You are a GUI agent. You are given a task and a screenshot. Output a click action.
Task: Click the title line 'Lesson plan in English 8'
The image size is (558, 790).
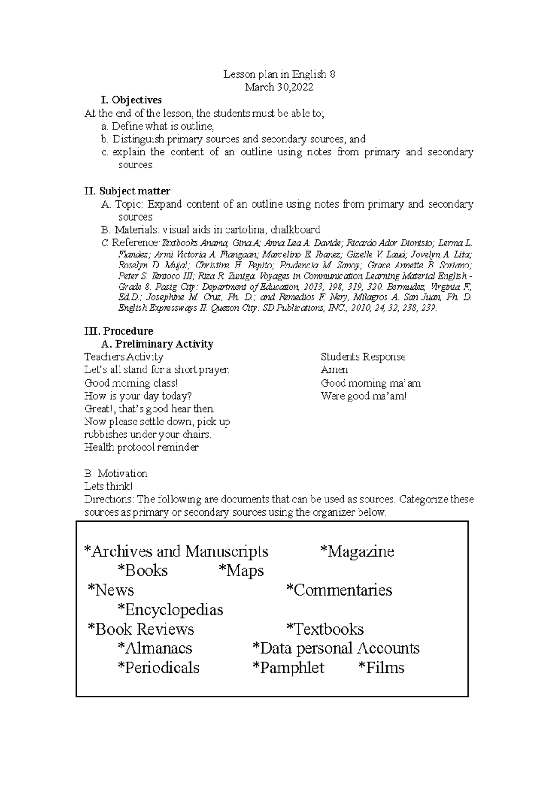pos(279,74)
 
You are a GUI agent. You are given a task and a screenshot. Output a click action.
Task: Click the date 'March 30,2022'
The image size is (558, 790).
pos(279,87)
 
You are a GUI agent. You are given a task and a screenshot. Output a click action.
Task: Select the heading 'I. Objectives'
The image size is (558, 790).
pos(131,100)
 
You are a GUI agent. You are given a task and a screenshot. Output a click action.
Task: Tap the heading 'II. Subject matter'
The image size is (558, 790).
pos(127,191)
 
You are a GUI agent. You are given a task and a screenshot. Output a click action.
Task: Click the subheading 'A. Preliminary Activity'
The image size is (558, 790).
pos(157,344)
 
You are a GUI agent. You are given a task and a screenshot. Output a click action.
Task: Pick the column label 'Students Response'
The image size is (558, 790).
pos(363,357)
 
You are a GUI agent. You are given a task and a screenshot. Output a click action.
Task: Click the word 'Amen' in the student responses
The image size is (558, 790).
pos(334,370)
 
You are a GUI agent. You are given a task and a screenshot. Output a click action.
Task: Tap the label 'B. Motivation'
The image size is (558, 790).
pos(115,474)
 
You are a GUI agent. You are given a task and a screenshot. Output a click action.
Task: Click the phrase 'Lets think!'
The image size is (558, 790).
pos(108,487)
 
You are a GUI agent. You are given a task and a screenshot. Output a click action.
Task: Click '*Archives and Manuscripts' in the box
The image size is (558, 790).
pos(176,552)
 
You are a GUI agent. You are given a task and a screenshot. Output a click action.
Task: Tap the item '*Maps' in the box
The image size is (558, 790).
pos(241,571)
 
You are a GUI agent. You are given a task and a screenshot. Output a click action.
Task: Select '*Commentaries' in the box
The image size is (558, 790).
pos(339,590)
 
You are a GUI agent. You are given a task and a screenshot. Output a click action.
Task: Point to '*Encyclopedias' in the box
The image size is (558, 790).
pos(170,610)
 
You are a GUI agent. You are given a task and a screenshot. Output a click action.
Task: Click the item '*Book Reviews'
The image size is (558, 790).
pos(141,629)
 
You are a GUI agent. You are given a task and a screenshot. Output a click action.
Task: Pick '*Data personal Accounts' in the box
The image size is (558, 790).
pos(336,649)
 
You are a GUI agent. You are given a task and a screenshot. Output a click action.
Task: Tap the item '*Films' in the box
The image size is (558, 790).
pos(381,668)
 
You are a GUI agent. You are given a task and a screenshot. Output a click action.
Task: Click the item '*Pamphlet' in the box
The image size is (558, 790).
pos(288,668)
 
